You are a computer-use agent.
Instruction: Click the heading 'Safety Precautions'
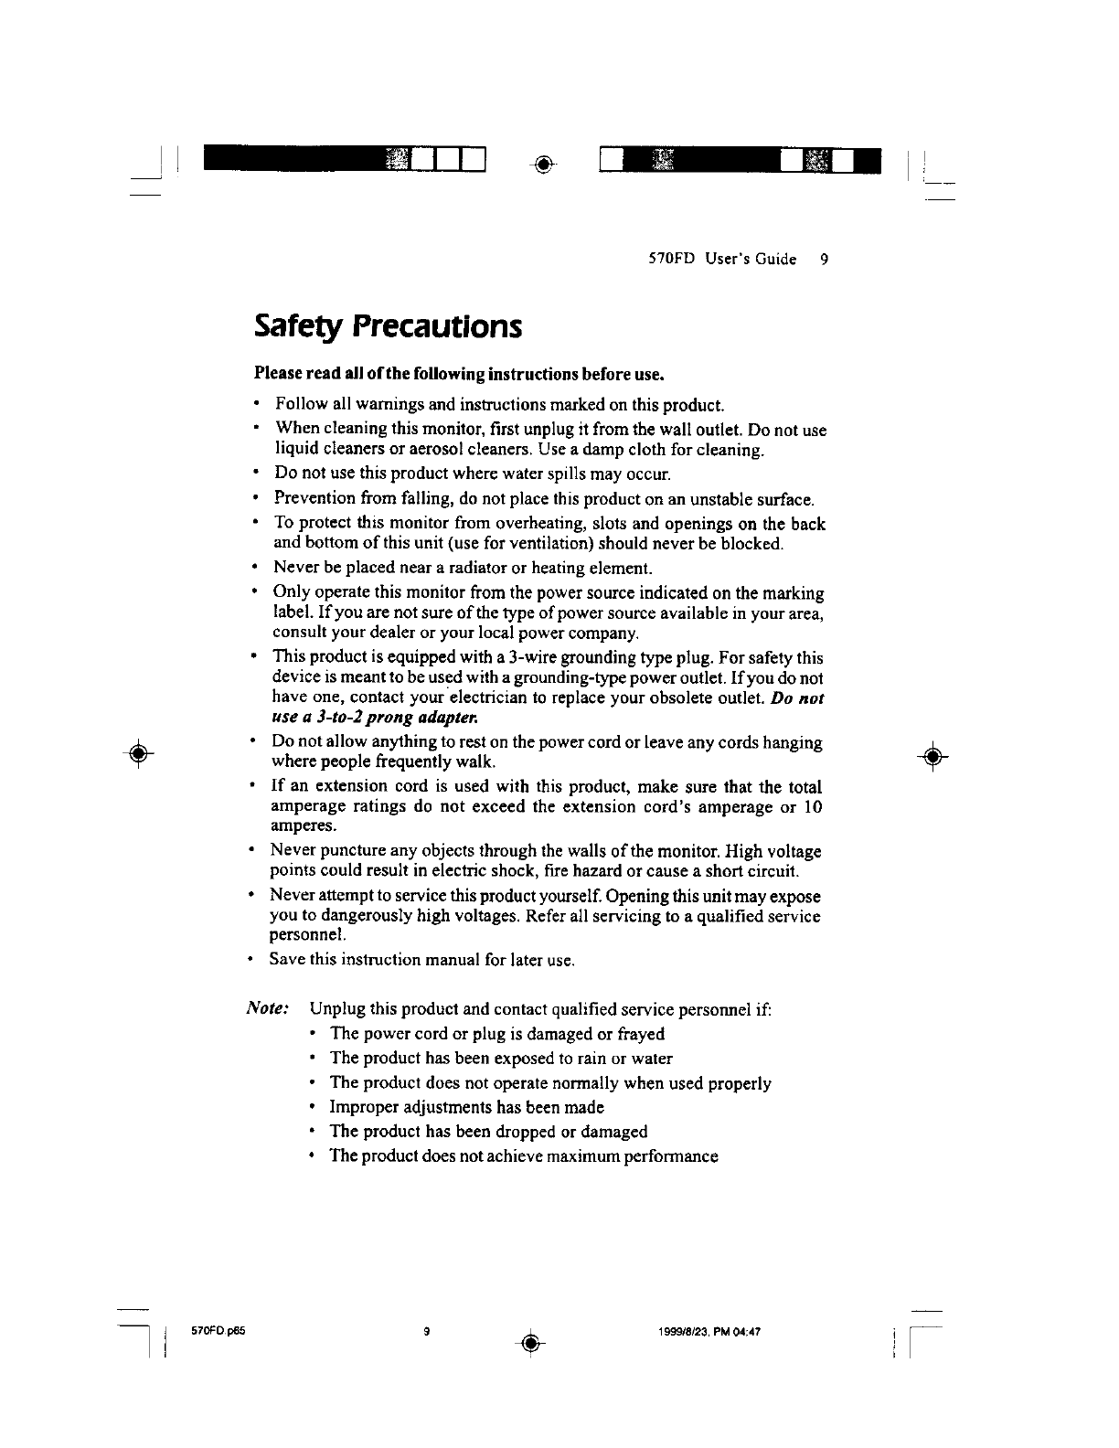pos(388,325)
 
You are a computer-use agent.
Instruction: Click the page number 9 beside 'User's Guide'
pos(824,260)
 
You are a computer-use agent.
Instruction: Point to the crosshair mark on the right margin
pos(933,755)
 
